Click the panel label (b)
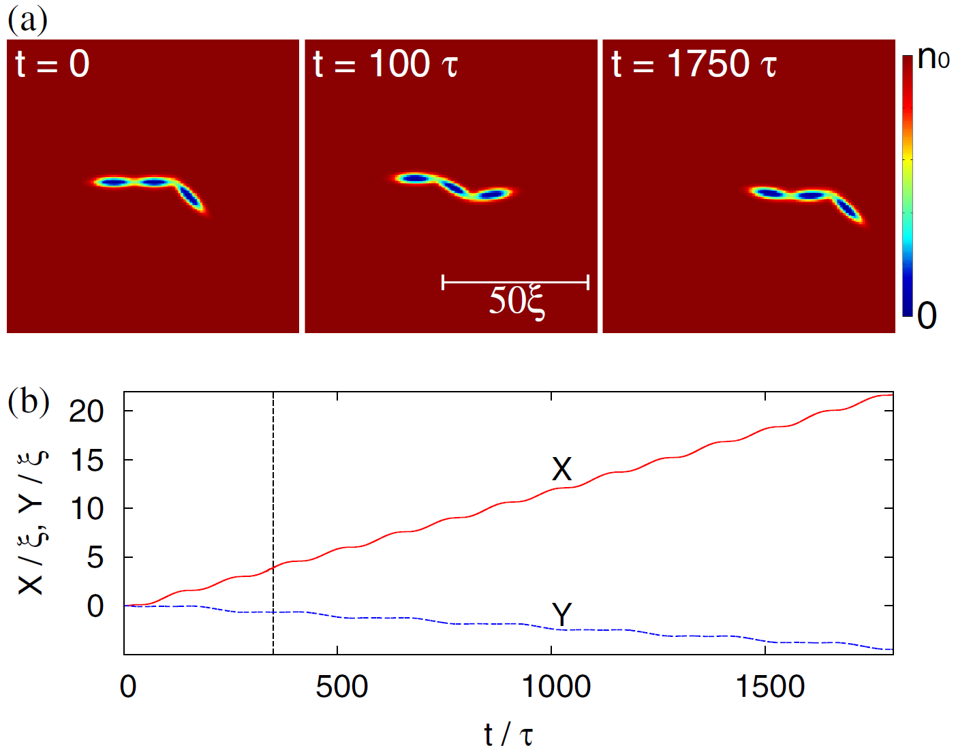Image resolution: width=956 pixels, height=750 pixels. coord(28,402)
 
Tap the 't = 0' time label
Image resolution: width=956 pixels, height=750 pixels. coord(52,65)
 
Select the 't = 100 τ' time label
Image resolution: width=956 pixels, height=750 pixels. coord(385,65)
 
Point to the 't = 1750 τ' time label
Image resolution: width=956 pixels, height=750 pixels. coord(694,65)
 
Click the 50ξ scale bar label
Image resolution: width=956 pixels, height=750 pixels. coord(516,301)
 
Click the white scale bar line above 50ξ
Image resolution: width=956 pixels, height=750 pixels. coord(515,281)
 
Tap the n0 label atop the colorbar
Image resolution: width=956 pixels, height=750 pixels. coord(933,59)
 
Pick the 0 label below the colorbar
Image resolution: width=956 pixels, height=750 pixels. coord(927,316)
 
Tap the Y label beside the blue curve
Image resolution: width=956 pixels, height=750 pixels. coord(562,614)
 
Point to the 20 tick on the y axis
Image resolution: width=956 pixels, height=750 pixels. coord(87,411)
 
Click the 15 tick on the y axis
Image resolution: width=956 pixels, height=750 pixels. coord(87,460)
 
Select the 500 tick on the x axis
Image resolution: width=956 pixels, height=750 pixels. coord(341,687)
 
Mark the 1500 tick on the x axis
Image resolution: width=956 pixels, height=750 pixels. coord(769,687)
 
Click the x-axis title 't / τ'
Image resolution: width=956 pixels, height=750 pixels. coord(508,734)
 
